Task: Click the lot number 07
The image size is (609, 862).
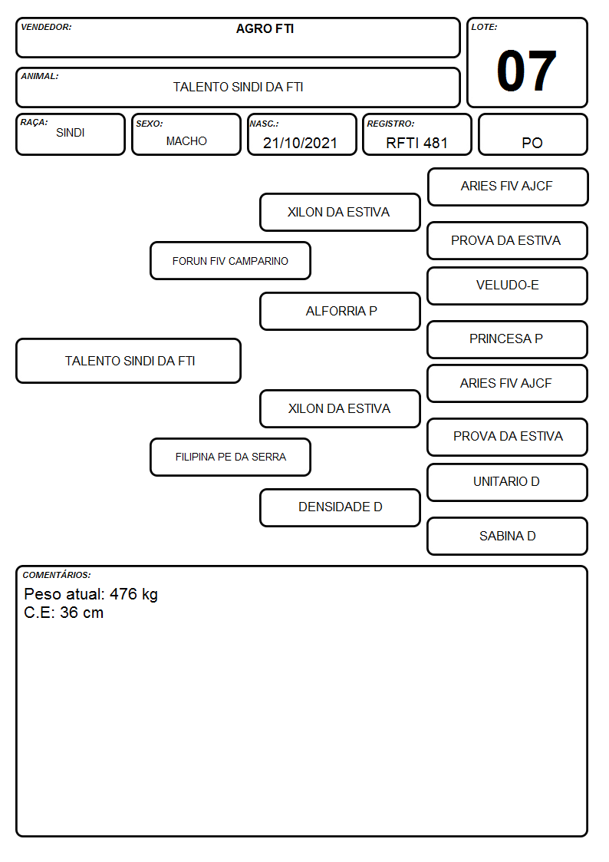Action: click(x=526, y=71)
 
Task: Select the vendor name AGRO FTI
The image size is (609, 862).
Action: click(x=265, y=29)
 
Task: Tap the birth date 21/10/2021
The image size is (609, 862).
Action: click(x=300, y=143)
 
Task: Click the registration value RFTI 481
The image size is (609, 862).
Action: click(x=416, y=143)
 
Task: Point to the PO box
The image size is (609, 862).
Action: click(x=532, y=134)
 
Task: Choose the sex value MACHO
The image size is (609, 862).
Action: click(x=186, y=141)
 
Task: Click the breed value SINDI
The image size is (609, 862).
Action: click(x=71, y=133)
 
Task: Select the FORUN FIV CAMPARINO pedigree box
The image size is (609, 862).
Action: click(x=230, y=260)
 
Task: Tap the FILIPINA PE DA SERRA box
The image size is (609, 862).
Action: click(x=230, y=457)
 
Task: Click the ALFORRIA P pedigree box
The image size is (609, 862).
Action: click(x=340, y=311)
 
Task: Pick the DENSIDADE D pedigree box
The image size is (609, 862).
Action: click(x=340, y=507)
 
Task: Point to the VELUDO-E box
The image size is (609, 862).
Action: click(x=508, y=286)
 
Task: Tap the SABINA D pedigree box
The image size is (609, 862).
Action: click(x=508, y=536)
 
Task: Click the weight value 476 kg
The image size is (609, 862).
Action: click(x=133, y=594)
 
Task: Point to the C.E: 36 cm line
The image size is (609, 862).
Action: click(x=64, y=613)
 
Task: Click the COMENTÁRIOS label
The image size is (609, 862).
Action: click(x=57, y=575)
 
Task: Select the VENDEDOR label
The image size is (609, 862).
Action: click(x=46, y=27)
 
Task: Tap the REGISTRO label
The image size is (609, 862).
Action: click(x=390, y=124)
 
